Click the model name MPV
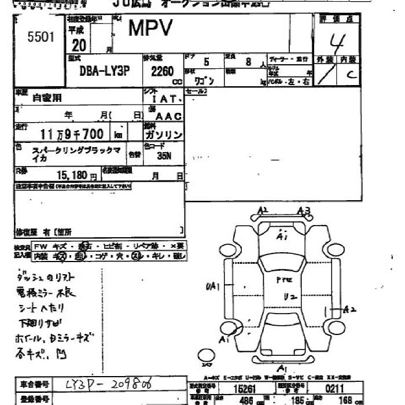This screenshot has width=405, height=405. (147, 28)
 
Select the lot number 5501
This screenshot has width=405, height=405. (41, 38)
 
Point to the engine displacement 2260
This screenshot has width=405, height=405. (163, 72)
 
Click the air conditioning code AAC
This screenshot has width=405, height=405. (169, 116)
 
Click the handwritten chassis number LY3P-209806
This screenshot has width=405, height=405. (113, 384)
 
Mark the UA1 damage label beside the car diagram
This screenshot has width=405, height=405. (212, 285)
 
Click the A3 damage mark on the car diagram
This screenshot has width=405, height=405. (304, 210)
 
